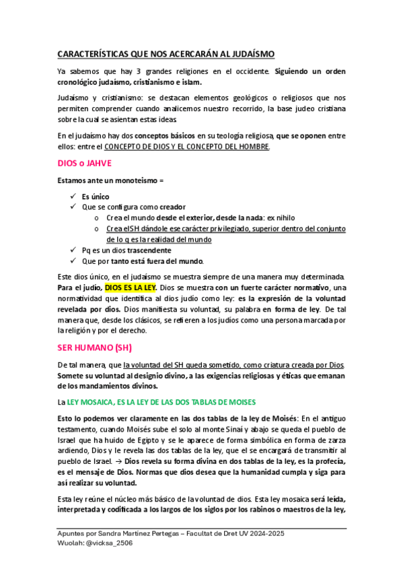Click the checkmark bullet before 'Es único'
tap(73, 197)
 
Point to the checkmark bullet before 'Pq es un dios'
tap(73, 250)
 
